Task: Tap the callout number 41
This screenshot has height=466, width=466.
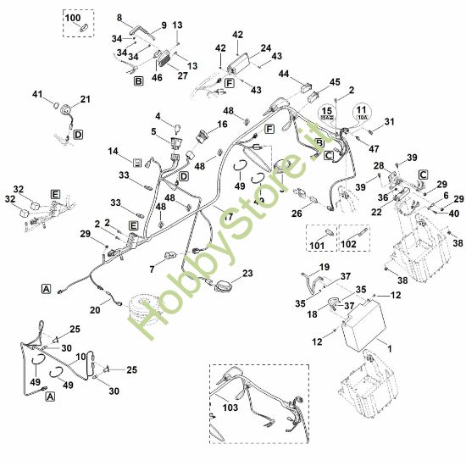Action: click(x=36, y=93)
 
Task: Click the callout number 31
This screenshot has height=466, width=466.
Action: click(x=390, y=123)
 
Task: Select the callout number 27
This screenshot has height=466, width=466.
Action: click(x=183, y=75)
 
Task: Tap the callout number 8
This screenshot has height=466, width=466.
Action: click(x=119, y=17)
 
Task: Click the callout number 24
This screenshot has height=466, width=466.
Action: click(x=266, y=47)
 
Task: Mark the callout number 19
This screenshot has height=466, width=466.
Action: click(x=323, y=268)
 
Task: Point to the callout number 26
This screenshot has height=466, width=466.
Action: click(x=297, y=214)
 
